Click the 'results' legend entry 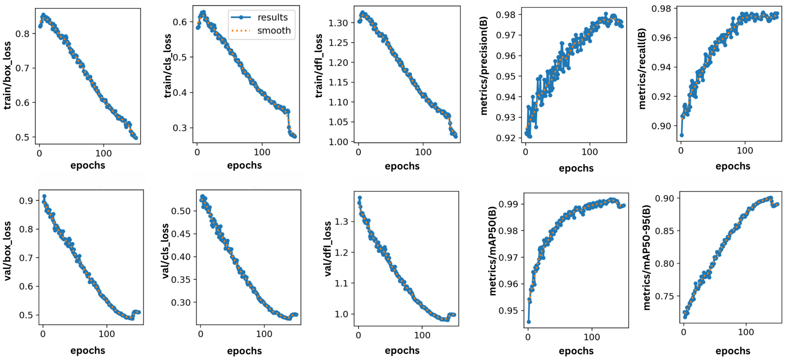pyautogui.click(x=272, y=17)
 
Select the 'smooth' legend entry pyautogui.click(x=274, y=31)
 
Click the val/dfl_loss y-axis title pyautogui.click(x=327, y=249)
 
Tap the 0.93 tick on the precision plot pyautogui.click(x=506, y=117)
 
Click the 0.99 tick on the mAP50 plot pyautogui.click(x=508, y=204)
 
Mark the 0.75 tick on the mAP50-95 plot pyautogui.click(x=664, y=296)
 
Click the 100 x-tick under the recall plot pyautogui.click(x=745, y=150)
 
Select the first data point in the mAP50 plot pyautogui.click(x=529, y=322)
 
